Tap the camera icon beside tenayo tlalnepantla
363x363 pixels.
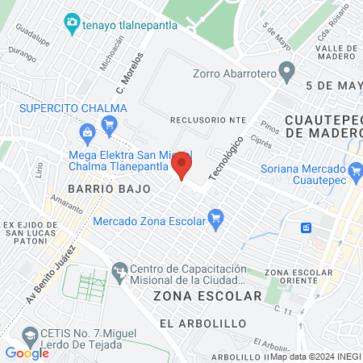[x=72, y=23]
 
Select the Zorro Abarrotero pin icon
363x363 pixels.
[x=286, y=72]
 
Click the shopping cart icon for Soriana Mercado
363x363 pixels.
[x=354, y=169]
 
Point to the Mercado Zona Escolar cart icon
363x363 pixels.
[x=215, y=218]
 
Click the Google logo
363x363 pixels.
[x=27, y=353]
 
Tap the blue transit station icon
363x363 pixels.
[x=307, y=227]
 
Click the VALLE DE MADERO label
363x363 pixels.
[x=336, y=51]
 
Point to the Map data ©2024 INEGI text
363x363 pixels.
[x=315, y=357]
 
